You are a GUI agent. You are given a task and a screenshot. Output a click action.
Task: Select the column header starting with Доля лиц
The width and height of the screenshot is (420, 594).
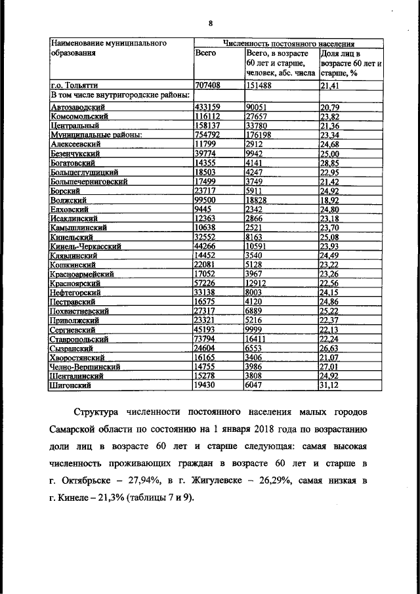coord(350,63)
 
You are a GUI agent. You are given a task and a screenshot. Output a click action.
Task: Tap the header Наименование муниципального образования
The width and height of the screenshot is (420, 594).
coord(106,48)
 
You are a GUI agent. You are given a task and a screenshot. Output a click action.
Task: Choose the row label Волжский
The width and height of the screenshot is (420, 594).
coord(70,200)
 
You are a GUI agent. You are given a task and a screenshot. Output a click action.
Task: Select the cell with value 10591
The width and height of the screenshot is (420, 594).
coord(257,246)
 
